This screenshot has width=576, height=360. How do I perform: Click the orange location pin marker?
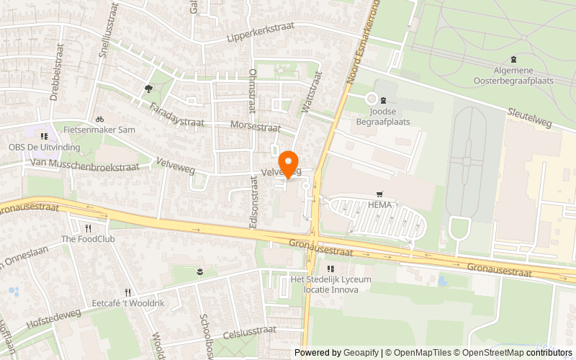pos(289,163)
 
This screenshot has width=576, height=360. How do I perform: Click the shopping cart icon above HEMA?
pos(379,194)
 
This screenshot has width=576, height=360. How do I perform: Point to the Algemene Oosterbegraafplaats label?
pos(513,76)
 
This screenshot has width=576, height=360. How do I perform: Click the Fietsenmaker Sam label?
pos(107,130)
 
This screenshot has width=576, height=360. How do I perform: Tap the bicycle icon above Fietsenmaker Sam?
pos(100,119)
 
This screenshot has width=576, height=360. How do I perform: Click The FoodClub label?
pos(88,239)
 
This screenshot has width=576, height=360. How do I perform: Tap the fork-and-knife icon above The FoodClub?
pos(88,227)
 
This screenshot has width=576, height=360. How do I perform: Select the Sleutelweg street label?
pos(529,118)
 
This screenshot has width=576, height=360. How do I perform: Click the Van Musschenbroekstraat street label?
pos(84,166)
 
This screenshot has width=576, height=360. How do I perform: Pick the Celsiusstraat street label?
pos(250,330)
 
